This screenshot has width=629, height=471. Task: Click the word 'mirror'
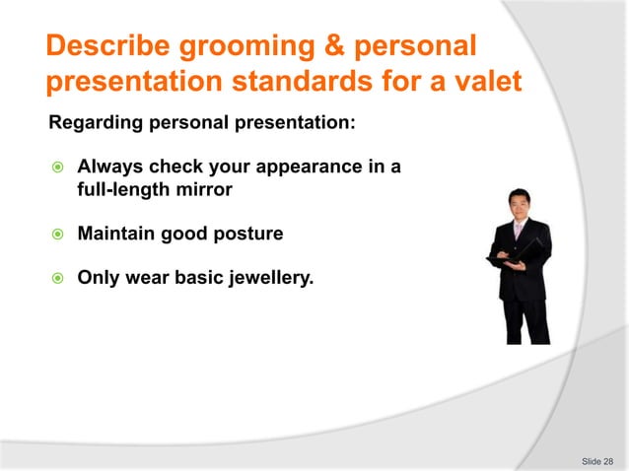(204, 189)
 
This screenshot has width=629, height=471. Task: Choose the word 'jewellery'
(270, 279)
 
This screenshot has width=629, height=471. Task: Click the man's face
(519, 205)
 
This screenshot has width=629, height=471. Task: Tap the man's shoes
(527, 340)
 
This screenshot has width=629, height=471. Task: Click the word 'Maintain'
(115, 235)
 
